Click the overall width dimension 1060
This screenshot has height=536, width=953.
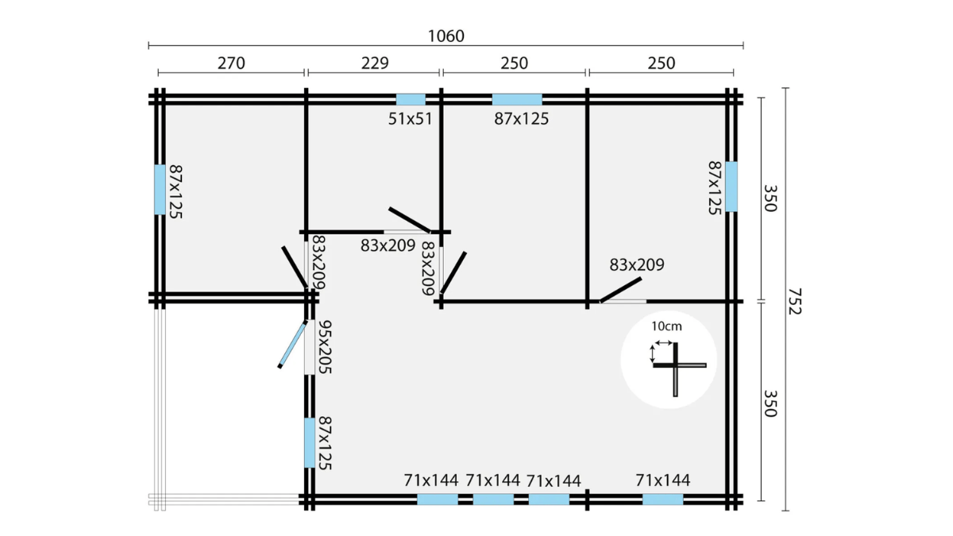[x=446, y=37]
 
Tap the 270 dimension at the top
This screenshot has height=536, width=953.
[x=231, y=64]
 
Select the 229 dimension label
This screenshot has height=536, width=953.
[x=375, y=64]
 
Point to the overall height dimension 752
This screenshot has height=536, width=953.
[x=794, y=301]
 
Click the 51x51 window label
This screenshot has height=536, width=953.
[x=410, y=118]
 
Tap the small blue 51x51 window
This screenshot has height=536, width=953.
[x=411, y=99]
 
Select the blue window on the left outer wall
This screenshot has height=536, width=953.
[x=160, y=190]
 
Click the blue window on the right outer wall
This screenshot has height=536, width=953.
[x=731, y=187]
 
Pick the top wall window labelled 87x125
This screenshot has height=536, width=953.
[x=517, y=99]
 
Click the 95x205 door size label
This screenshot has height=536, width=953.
[x=325, y=347]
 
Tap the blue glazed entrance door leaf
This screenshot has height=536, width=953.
[x=292, y=345]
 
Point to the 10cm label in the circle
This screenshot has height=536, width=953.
[x=666, y=326]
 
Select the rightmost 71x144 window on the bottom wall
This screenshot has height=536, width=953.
[x=663, y=499]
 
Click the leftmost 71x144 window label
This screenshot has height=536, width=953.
[x=431, y=480]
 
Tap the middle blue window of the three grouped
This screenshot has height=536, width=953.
[x=493, y=499]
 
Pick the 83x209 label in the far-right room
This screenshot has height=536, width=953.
[x=637, y=264]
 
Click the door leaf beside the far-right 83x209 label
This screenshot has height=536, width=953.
[x=621, y=290]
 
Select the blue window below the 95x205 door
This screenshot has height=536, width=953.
[x=310, y=443]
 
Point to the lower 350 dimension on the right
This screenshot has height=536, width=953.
[x=770, y=403]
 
